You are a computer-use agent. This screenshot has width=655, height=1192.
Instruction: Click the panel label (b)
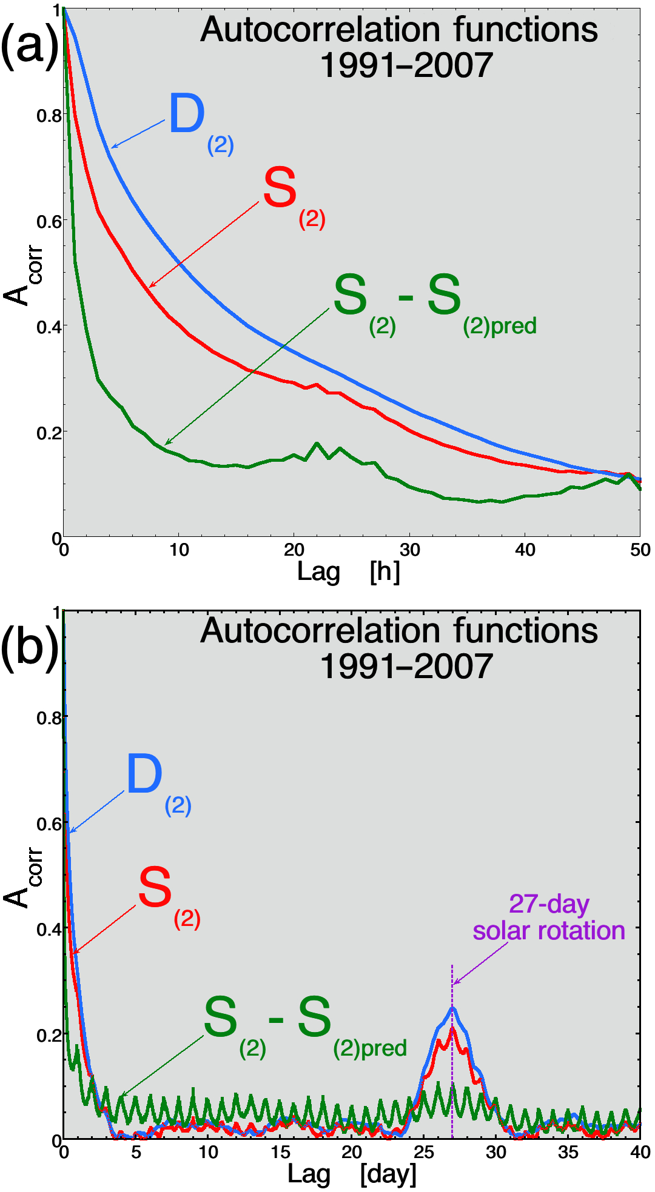point(29,646)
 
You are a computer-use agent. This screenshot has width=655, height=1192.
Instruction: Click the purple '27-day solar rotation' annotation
point(548,917)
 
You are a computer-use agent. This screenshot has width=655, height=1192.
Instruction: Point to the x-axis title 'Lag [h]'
point(348,571)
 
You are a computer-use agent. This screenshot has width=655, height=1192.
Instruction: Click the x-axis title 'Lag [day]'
point(351,1174)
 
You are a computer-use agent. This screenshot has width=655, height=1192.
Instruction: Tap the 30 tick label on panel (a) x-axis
point(410,550)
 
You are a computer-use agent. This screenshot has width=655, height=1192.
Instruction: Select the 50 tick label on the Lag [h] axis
point(640,550)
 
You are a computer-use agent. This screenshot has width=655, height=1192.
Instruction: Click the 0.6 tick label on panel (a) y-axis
point(49,222)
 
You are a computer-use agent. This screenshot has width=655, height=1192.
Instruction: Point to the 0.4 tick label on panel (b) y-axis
point(49,929)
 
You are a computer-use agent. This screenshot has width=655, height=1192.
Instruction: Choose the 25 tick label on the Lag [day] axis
point(424,1152)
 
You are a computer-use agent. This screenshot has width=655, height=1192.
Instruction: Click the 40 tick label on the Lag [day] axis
point(640,1152)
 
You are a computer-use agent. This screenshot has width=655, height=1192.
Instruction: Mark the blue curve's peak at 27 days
point(452,1008)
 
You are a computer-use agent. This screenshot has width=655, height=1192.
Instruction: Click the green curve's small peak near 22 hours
point(317,444)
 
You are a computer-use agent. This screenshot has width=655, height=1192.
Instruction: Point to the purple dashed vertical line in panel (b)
point(452,1079)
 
